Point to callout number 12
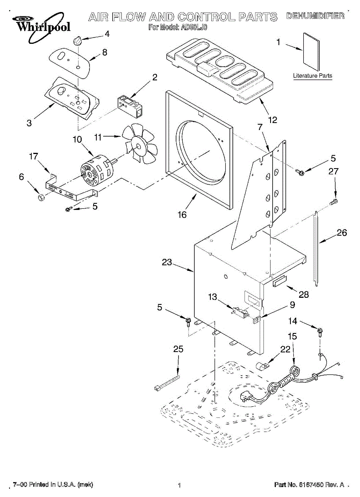point(272,120)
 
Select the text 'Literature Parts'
point(312,76)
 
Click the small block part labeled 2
point(130,104)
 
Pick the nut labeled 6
point(41,198)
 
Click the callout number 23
point(167,263)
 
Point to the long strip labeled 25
point(167,381)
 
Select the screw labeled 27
point(334,202)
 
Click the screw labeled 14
point(320,331)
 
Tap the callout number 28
point(304,294)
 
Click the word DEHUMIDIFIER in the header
point(315,16)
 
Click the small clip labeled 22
point(262,367)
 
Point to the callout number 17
point(33,156)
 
